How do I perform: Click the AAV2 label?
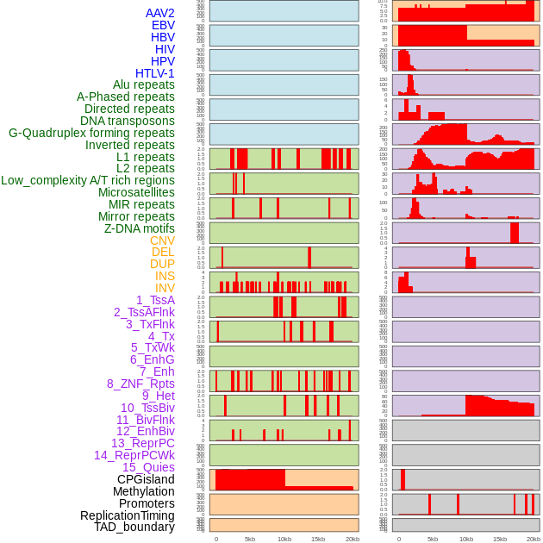(159, 14)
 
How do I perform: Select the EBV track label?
(163, 26)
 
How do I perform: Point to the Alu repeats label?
(143, 85)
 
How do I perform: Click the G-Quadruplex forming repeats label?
(91, 133)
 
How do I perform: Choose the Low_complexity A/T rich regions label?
(88, 180)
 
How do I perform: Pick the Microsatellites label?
(136, 192)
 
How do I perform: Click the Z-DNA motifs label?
(139, 228)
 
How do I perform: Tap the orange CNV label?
(162, 240)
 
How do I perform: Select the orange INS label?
(165, 276)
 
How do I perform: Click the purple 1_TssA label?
(155, 300)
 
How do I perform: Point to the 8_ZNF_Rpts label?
(140, 384)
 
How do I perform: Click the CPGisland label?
(146, 479)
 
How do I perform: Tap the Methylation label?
(143, 491)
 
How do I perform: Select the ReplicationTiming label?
(127, 515)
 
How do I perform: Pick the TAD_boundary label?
(134, 527)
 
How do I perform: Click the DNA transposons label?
(127, 121)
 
